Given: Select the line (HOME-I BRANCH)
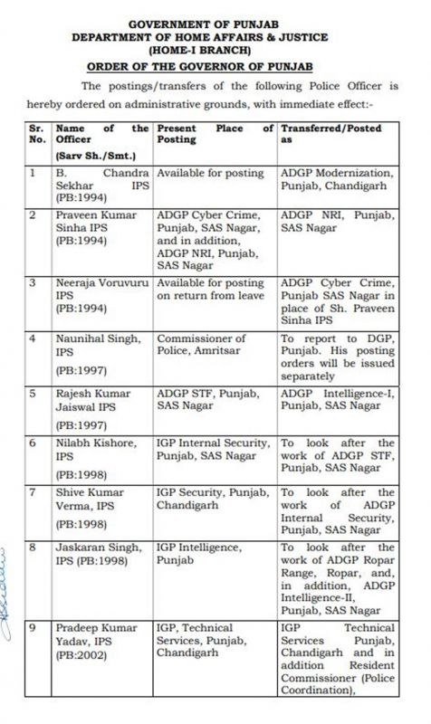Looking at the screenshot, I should click(215, 52).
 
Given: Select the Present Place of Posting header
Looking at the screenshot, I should click(214, 136).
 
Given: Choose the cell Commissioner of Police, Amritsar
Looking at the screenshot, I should click(199, 344).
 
